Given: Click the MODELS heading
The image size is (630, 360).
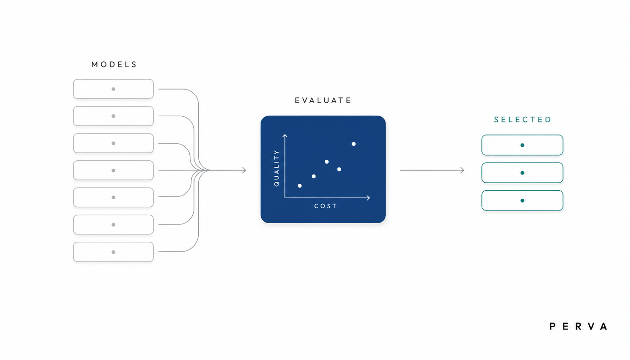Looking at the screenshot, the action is click(114, 64).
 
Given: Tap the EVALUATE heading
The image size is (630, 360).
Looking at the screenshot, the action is click(323, 100).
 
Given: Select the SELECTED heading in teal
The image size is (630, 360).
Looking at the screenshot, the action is click(523, 120).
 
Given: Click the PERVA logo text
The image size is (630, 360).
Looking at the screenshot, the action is click(578, 327).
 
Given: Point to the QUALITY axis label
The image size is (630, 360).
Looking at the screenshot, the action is click(277, 168).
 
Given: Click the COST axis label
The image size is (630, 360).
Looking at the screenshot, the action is click(325, 206).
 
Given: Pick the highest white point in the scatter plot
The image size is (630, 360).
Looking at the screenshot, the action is click(353, 144).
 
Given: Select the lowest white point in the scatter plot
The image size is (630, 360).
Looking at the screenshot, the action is click(300, 186).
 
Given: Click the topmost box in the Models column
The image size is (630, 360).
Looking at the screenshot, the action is click(113, 89).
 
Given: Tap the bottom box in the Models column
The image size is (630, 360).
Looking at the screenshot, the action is click(113, 252).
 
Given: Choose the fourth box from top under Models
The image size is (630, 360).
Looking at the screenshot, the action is click(113, 170).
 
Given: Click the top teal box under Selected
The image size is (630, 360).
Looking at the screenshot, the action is click(522, 145).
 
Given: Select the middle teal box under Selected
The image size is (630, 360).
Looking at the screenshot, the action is click(522, 172).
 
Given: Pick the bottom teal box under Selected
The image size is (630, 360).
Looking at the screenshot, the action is click(522, 201).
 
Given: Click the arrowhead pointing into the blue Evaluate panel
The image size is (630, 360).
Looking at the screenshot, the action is click(244, 170).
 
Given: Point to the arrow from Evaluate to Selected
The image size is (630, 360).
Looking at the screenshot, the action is click(432, 170).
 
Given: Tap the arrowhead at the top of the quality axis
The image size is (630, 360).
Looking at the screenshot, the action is click(285, 136).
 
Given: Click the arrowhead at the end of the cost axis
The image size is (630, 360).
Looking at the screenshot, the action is click(368, 198).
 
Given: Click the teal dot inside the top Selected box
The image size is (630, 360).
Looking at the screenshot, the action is click(522, 145).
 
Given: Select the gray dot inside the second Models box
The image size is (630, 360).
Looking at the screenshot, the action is click(113, 116).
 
